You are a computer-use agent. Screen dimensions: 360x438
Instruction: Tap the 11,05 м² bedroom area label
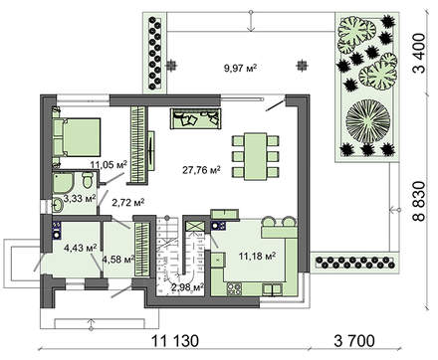[109, 165]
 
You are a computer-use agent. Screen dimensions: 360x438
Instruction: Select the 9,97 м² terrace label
[239, 68]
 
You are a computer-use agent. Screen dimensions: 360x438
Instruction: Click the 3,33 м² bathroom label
[80, 199]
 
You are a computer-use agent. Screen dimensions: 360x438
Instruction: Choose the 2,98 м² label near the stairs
[186, 288]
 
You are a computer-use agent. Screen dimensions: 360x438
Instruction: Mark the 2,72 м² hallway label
[127, 202]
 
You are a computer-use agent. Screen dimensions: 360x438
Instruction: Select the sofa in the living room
[193, 118]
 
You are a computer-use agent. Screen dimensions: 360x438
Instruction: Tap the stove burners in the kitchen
[235, 289]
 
